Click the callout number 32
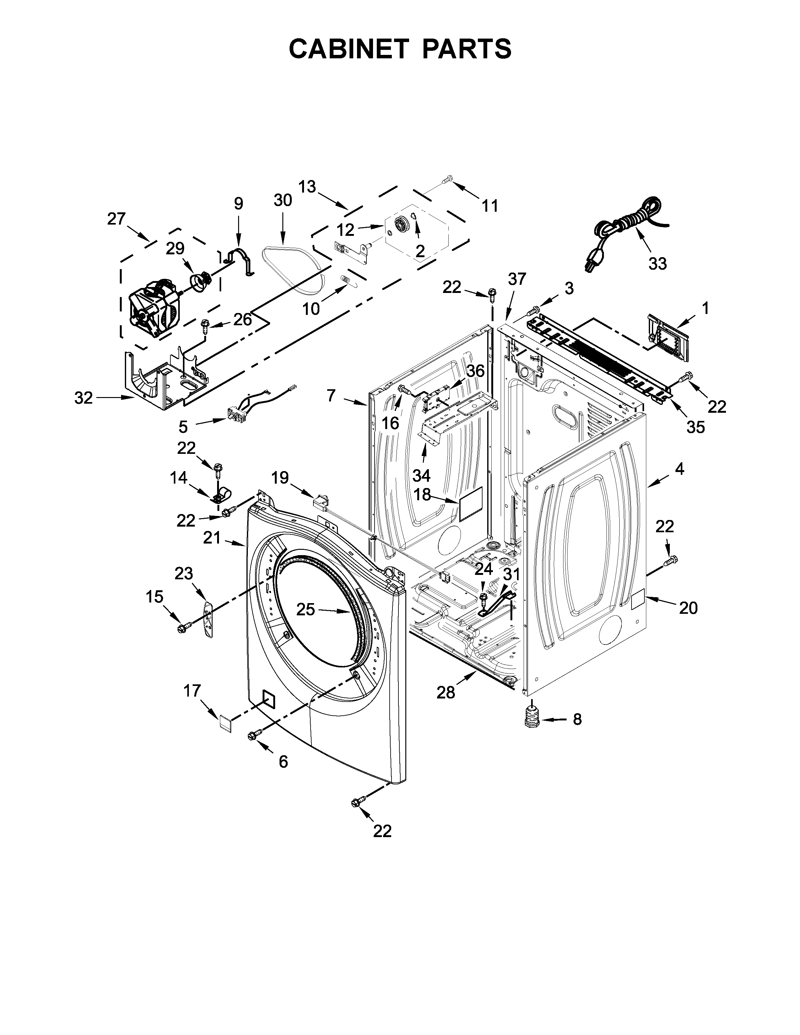coord(83,398)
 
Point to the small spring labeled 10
coord(346,281)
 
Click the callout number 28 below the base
coord(445,693)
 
